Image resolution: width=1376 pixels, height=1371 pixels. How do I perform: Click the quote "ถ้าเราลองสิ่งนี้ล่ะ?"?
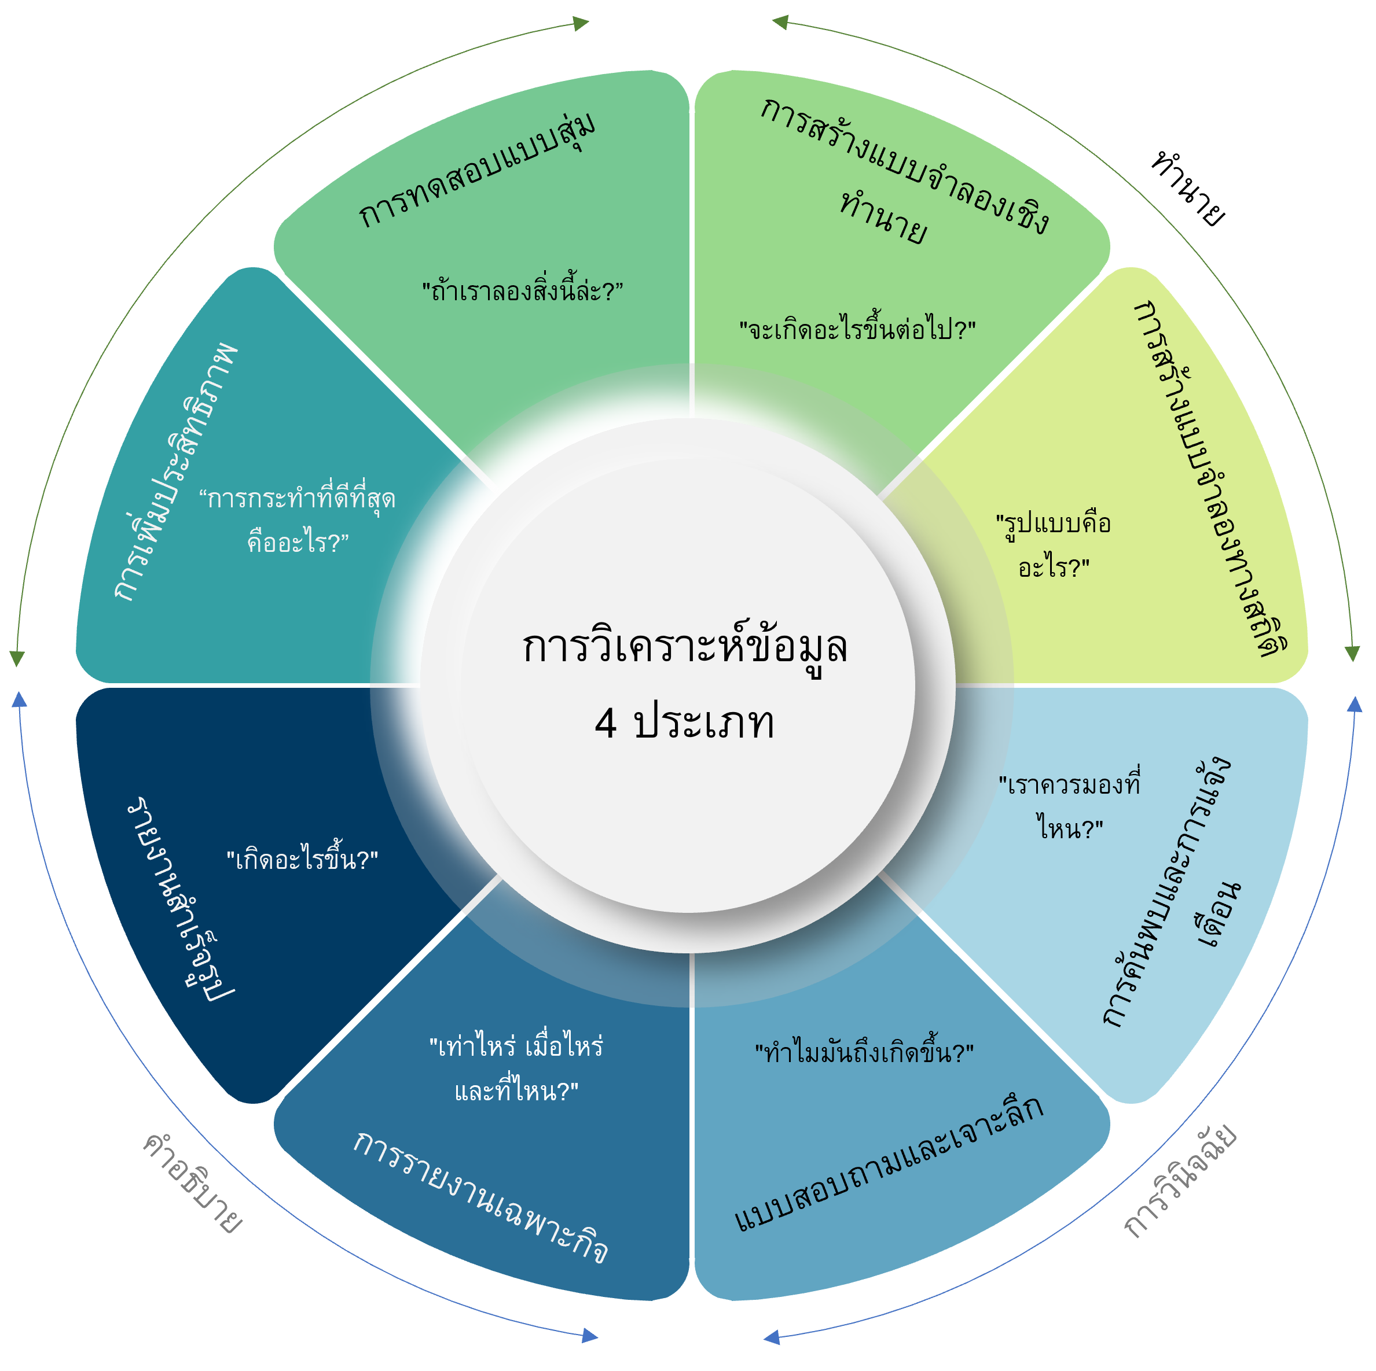click(x=522, y=290)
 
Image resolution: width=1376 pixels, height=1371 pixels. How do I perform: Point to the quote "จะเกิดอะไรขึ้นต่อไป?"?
click(x=857, y=329)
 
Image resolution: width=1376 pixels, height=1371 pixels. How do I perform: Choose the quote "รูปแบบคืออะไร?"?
click(x=1054, y=546)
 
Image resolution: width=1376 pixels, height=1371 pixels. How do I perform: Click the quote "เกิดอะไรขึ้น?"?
click(x=302, y=859)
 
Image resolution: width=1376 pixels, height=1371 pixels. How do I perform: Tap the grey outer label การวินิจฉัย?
click(x=1179, y=1182)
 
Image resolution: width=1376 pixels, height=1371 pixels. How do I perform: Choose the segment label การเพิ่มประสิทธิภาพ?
click(x=175, y=471)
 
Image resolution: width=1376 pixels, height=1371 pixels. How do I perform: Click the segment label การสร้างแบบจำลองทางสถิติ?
click(x=1212, y=477)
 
